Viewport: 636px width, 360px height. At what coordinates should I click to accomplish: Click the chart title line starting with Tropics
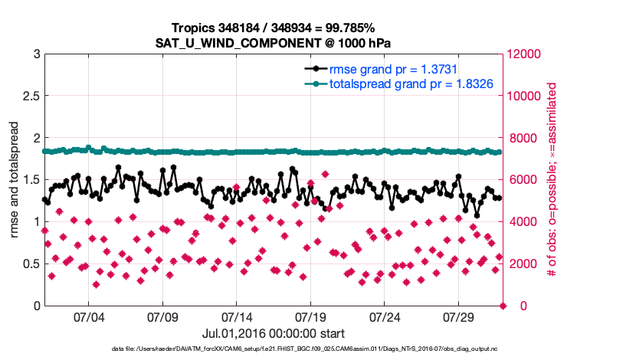point(274,28)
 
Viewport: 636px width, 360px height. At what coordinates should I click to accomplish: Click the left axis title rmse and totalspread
point(15,180)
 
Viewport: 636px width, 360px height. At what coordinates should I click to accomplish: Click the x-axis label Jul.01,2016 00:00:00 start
point(274,333)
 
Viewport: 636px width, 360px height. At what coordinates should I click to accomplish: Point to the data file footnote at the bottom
point(274,349)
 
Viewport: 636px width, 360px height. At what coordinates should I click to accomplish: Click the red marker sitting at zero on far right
point(503,306)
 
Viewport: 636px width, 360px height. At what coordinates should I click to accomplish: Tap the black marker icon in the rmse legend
point(316,68)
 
